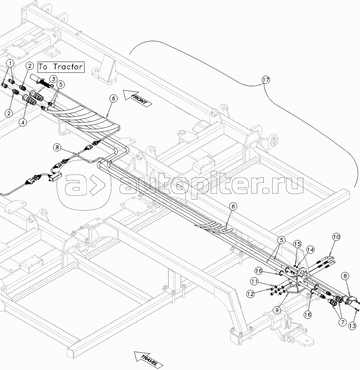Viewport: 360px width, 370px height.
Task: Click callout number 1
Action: pos(11,64)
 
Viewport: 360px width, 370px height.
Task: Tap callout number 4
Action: pos(22,122)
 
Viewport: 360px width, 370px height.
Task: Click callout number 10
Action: pos(336,237)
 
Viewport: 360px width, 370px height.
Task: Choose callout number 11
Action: pos(254,281)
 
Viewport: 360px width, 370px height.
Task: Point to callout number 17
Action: pos(266,80)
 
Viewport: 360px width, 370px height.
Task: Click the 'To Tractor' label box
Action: pos(61,67)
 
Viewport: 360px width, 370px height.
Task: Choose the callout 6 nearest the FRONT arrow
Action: pos(113,99)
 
